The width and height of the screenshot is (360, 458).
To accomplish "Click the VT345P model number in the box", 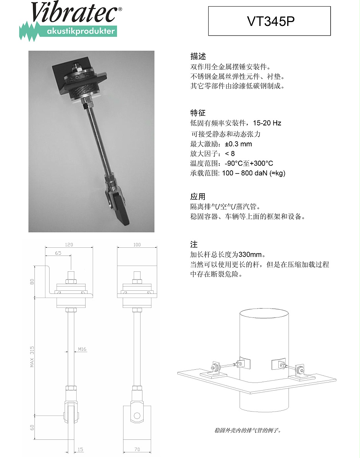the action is [271, 21].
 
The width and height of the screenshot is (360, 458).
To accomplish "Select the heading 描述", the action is [198, 56].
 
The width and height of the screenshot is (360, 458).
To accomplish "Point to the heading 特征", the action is [198, 113].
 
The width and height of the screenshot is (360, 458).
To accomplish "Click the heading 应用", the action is [198, 196].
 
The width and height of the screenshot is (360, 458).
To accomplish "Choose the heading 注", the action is [194, 244].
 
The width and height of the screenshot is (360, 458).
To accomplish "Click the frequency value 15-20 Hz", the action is [267, 123].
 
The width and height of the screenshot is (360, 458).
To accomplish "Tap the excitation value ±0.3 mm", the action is [238, 144].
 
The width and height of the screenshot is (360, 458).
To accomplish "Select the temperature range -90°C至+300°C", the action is [249, 163].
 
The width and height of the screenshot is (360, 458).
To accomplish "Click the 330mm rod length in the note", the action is [250, 254].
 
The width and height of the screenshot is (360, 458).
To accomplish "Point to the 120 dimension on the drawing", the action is [69, 244].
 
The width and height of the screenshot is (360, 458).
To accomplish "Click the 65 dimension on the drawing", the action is [58, 253].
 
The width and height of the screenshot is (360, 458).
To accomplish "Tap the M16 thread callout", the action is [82, 349].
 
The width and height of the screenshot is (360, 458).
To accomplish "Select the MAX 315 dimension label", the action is [32, 357].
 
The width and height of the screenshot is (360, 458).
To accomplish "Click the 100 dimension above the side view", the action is [137, 244].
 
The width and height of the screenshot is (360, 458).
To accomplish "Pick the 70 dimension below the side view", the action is [137, 449].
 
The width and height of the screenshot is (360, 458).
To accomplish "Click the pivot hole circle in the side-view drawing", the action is [137, 415].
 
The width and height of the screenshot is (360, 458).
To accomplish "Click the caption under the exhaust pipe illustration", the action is [248, 430].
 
